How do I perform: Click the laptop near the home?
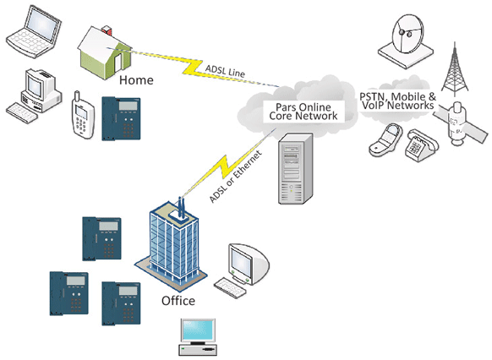tap(34, 31)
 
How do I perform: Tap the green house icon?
tap(104, 52)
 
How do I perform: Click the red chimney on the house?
tap(107, 30)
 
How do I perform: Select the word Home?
tap(136, 80)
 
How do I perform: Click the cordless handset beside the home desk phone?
tap(83, 115)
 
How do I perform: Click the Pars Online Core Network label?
tap(303, 112)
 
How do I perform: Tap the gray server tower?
tap(296, 168)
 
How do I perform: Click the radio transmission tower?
tap(454, 69)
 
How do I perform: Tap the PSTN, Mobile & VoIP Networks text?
tap(398, 101)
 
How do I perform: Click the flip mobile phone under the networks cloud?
tap(386, 140)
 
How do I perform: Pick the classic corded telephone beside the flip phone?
tap(421, 145)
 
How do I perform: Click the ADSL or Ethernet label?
tap(235, 177)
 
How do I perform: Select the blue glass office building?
tap(171, 243)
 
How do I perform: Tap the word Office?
tap(178, 301)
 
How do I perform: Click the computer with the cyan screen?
tap(198, 337)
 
